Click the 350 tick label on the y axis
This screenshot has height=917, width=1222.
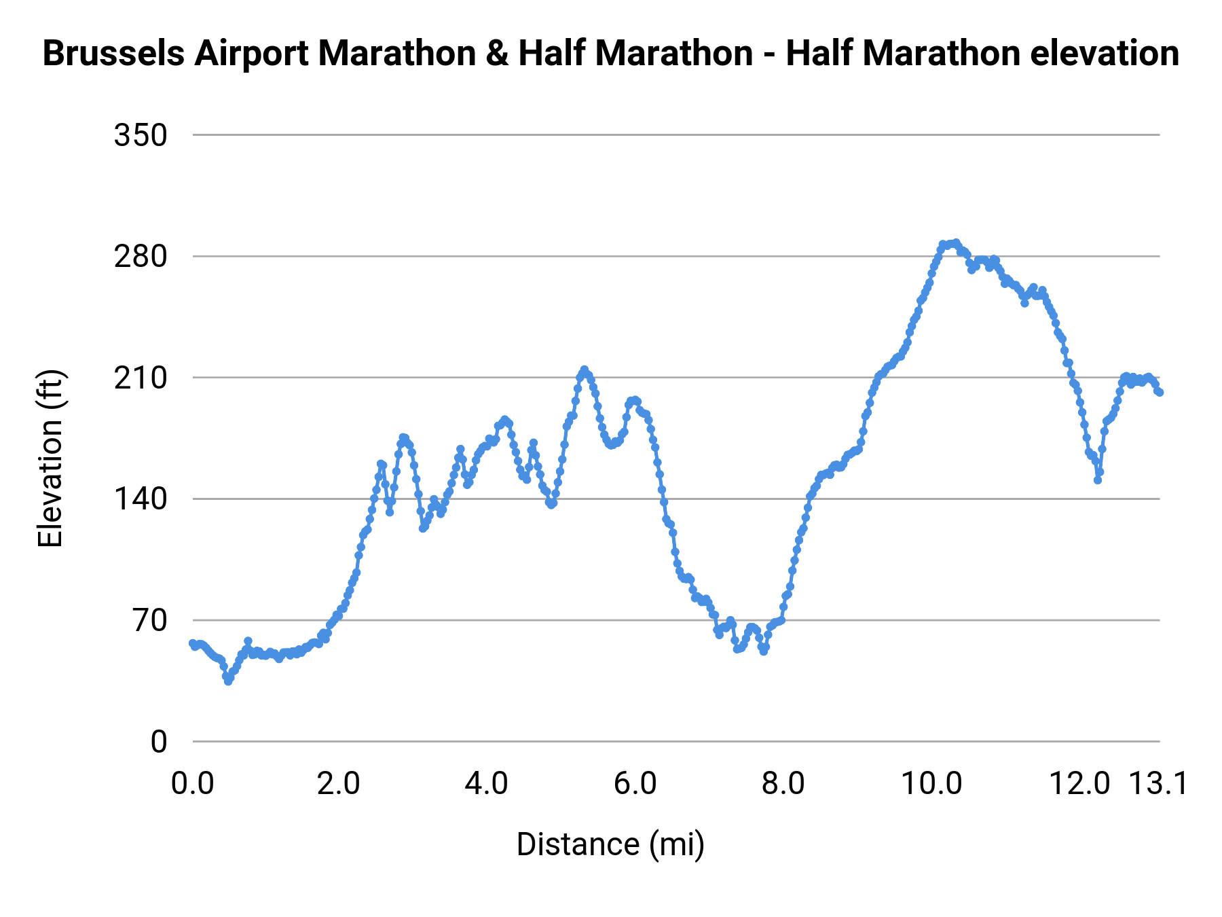[141, 135]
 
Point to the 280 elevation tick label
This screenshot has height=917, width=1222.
[141, 257]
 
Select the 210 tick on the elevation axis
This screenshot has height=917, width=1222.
[141, 378]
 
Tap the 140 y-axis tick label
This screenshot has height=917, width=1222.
[141, 499]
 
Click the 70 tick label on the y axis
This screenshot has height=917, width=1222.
[150, 620]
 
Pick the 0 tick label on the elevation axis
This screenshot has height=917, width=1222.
[159, 742]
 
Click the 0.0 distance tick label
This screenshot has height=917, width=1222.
[193, 784]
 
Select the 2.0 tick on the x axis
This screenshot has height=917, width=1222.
[339, 784]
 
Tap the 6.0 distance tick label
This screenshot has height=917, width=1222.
[635, 784]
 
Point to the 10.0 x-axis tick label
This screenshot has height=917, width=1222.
[931, 784]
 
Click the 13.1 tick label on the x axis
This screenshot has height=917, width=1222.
[1158, 784]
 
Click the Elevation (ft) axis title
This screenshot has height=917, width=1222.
[50, 458]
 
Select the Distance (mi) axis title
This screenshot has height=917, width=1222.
[610, 844]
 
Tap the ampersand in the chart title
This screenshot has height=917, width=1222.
[497, 54]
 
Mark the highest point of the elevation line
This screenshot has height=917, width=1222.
[956, 242]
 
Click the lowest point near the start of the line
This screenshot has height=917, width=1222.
[228, 681]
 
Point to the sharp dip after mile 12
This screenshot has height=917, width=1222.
[1097, 480]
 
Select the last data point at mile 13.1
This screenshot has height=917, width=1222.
[1160, 393]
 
